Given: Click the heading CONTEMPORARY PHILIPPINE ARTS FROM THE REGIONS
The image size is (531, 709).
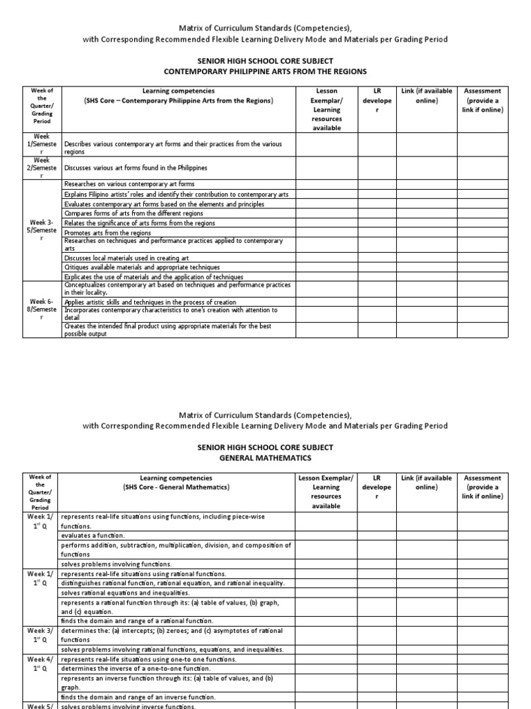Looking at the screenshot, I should coord(265,71).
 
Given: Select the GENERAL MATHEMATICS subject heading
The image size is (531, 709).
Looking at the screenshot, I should coord(265,458).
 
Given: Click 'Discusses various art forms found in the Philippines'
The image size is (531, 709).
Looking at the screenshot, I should coord(136,168).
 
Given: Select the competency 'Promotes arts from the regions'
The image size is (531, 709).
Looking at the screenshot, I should coord(107,233).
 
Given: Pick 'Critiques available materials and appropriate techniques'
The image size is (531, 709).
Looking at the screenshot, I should coord(142,267).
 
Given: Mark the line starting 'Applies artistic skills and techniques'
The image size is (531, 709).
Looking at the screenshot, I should coord(150,303).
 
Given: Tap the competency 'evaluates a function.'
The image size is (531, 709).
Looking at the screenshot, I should coord(93,536).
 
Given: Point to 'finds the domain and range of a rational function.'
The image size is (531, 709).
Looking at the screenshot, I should coord(137,622).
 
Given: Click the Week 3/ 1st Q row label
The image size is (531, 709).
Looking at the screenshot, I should coord(42,636).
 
